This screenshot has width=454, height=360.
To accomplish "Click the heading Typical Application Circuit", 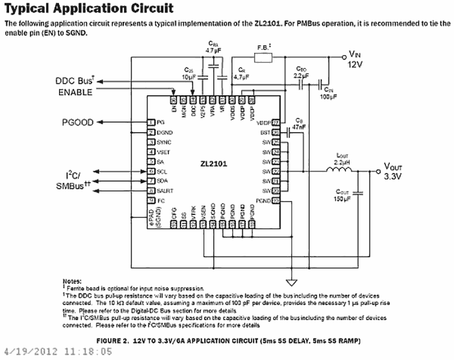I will (x=89, y=9).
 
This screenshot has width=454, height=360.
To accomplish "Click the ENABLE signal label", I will (x=75, y=92).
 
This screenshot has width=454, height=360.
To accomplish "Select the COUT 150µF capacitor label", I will (x=344, y=195).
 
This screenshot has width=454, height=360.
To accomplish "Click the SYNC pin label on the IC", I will (x=163, y=142).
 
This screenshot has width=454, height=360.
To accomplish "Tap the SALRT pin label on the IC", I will (x=165, y=190).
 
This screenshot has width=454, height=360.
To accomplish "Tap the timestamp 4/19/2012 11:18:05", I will (x=58, y=351).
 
